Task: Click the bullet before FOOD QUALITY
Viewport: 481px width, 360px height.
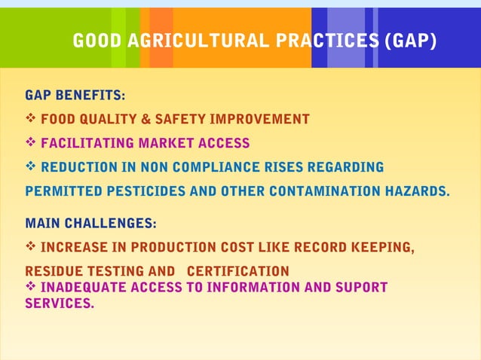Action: coord(31,119)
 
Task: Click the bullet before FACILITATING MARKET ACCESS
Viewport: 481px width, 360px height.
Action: coord(31,143)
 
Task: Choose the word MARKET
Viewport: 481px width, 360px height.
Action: coord(166,143)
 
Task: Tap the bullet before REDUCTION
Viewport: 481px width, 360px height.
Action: coord(31,166)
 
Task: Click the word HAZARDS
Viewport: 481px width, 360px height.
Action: coord(416,191)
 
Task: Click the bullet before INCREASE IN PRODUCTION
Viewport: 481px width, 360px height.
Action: coord(31,247)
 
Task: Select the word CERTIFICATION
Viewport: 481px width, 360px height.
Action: coord(237,271)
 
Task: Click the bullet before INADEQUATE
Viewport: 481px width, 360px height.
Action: coord(31,287)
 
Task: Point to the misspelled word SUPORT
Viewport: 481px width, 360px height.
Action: coord(359,287)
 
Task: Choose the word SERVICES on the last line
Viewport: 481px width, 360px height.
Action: coord(60,304)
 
